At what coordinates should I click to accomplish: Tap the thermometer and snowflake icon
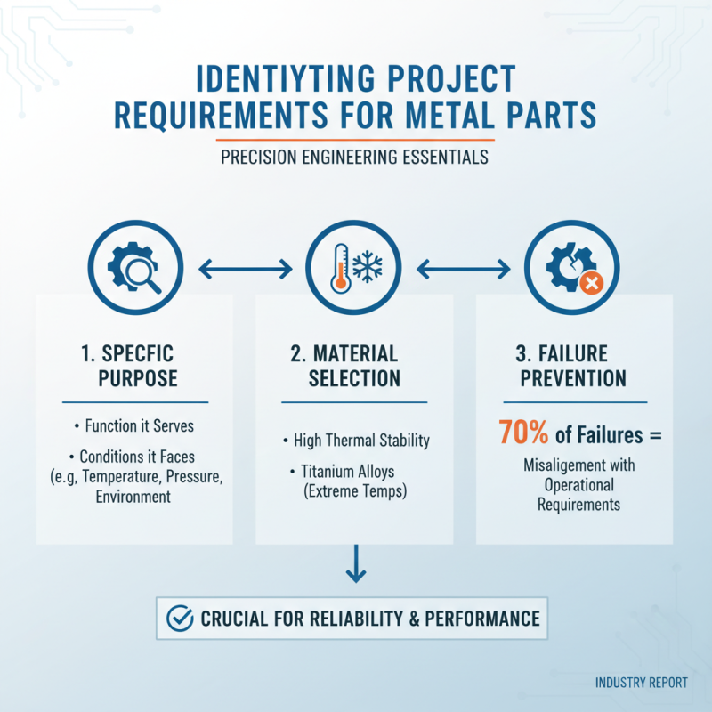(354, 266)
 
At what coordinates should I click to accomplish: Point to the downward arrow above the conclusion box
(355, 565)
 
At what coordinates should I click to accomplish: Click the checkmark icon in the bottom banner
(181, 617)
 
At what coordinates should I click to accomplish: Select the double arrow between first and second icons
(244, 267)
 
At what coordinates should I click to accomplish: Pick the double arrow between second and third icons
(463, 267)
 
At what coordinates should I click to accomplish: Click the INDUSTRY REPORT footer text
(641, 683)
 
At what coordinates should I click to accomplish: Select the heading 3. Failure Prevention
(573, 365)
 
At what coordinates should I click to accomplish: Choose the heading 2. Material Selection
(354, 365)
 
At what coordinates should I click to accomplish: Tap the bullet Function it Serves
(138, 425)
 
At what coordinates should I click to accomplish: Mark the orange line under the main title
(355, 139)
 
